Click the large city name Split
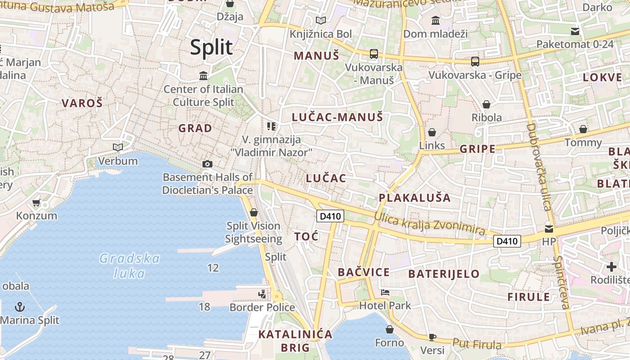(211, 47)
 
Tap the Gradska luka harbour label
(130, 265)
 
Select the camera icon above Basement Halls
(207, 164)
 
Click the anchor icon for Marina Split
(20, 307)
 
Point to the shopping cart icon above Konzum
(36, 203)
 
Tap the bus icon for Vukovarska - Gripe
(475, 61)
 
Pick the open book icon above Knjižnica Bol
(320, 20)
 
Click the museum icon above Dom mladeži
(435, 20)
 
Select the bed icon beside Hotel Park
(385, 292)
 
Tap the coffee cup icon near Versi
(432, 337)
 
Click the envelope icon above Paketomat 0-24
(575, 31)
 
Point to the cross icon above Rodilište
(612, 266)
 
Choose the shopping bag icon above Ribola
(486, 104)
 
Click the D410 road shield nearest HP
(507, 241)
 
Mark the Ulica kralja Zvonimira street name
(429, 224)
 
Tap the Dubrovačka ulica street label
(538, 166)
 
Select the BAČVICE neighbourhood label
(364, 272)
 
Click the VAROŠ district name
(82, 103)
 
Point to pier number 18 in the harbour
(204, 307)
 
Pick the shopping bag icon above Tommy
(583, 129)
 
